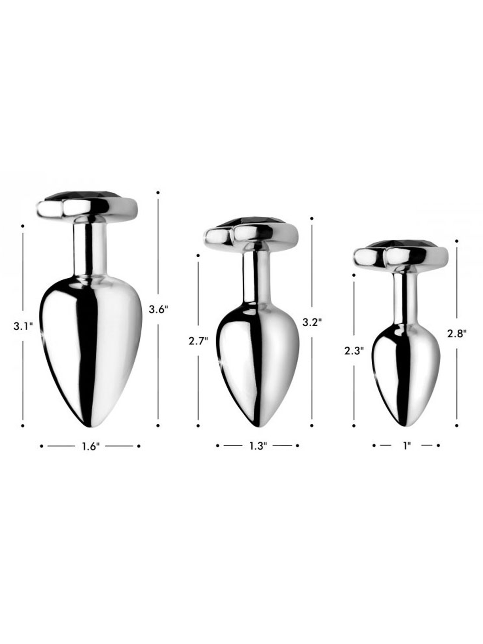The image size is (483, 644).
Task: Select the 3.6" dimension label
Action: [158, 309]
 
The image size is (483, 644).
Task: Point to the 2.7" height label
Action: [198, 341]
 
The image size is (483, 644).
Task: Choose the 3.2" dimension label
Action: [312, 323]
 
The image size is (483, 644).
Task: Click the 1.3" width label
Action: [258, 446]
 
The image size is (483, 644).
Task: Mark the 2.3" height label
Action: [354, 351]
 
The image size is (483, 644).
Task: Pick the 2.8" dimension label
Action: [457, 333]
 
